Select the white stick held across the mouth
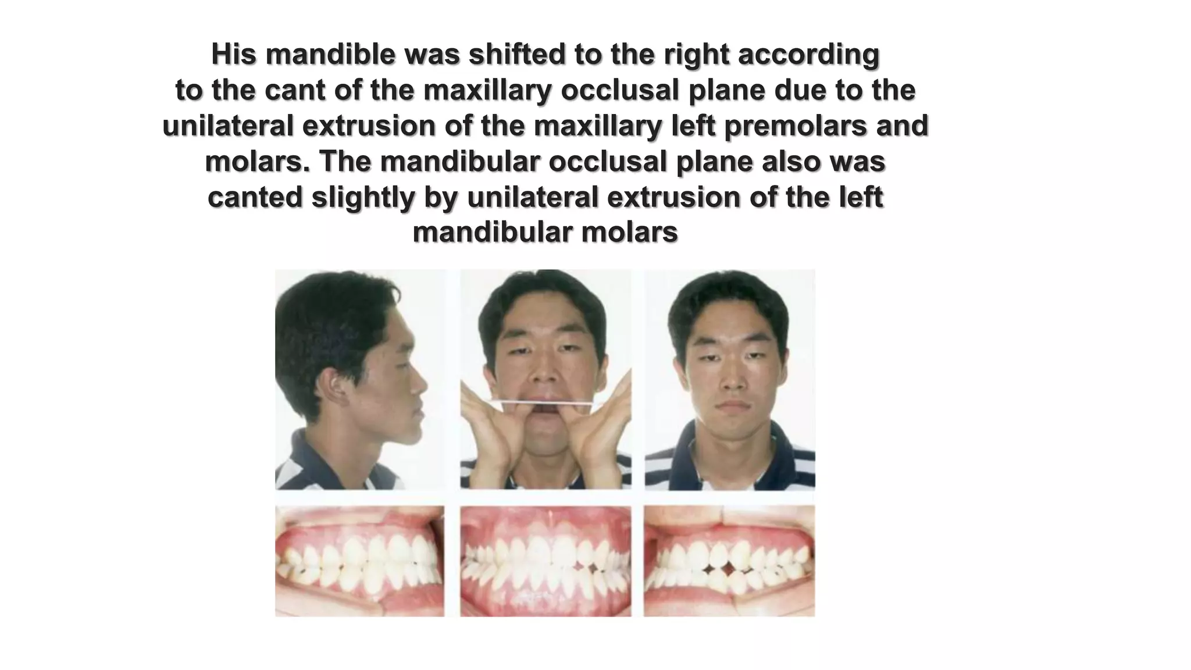click(x=545, y=402)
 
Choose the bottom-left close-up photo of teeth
click(x=359, y=561)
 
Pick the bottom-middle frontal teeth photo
click(x=545, y=561)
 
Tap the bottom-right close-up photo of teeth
click(x=729, y=561)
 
